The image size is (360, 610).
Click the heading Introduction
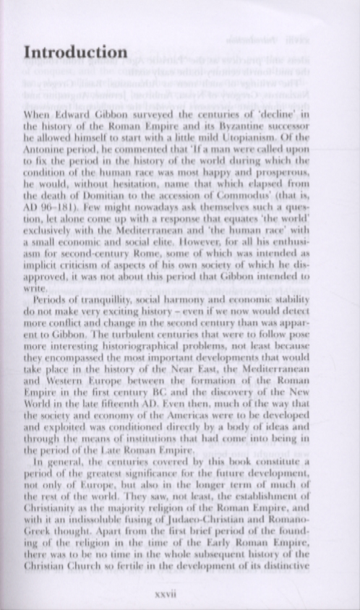75,53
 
